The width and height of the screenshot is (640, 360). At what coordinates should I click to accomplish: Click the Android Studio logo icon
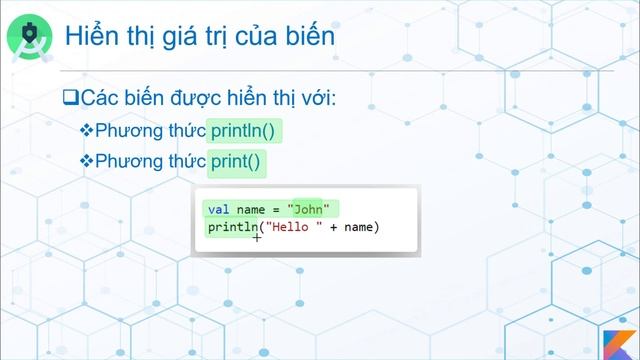[31, 36]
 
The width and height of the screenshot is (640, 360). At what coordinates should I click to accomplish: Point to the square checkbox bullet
[69, 99]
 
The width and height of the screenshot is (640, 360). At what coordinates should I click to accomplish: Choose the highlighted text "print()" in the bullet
[239, 161]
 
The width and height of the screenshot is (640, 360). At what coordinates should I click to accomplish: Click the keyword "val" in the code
[218, 209]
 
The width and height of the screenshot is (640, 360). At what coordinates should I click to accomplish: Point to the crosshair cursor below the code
[257, 239]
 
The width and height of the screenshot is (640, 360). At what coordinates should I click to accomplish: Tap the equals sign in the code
[273, 209]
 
